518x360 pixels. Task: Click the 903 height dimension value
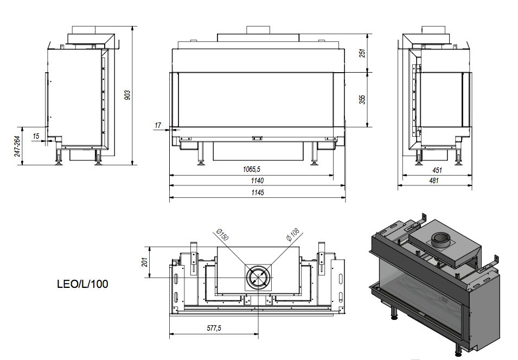click(127, 95)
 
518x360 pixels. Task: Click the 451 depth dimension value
click(437, 170)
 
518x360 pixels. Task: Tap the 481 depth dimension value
click(434, 181)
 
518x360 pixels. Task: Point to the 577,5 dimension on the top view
click(214, 327)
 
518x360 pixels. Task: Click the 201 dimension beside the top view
click(143, 262)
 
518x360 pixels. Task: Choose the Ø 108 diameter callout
click(293, 235)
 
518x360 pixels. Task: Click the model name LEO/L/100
click(82, 284)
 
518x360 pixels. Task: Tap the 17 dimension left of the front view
click(158, 126)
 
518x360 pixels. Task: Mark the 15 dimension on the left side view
click(36, 136)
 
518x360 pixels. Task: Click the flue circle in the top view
click(258, 277)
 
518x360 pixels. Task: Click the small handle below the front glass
click(257, 138)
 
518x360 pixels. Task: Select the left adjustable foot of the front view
click(202, 160)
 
